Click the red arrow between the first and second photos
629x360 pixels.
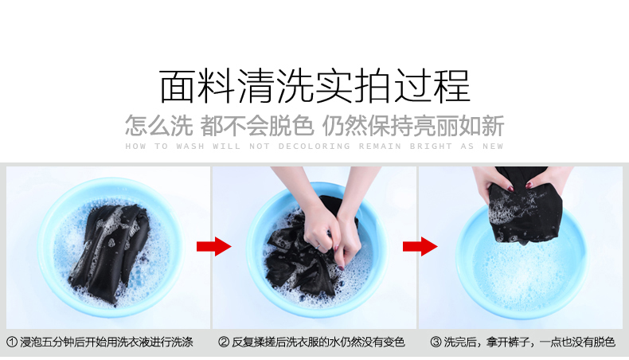click(x=214, y=246)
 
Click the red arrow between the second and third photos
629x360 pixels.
click(x=420, y=246)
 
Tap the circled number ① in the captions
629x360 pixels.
click(x=12, y=342)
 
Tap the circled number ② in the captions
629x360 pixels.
click(x=224, y=342)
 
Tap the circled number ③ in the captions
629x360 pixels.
click(x=436, y=342)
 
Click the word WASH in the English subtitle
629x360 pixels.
click(x=190, y=147)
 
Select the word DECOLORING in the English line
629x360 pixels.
click(x=314, y=147)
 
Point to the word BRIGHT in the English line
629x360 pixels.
click(x=431, y=147)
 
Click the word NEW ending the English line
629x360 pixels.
click(x=493, y=147)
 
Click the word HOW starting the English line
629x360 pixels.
click(x=135, y=147)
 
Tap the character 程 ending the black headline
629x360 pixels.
click(x=451, y=86)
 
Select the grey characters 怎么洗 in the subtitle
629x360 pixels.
click(x=159, y=126)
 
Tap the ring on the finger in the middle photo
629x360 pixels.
click(x=318, y=245)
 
